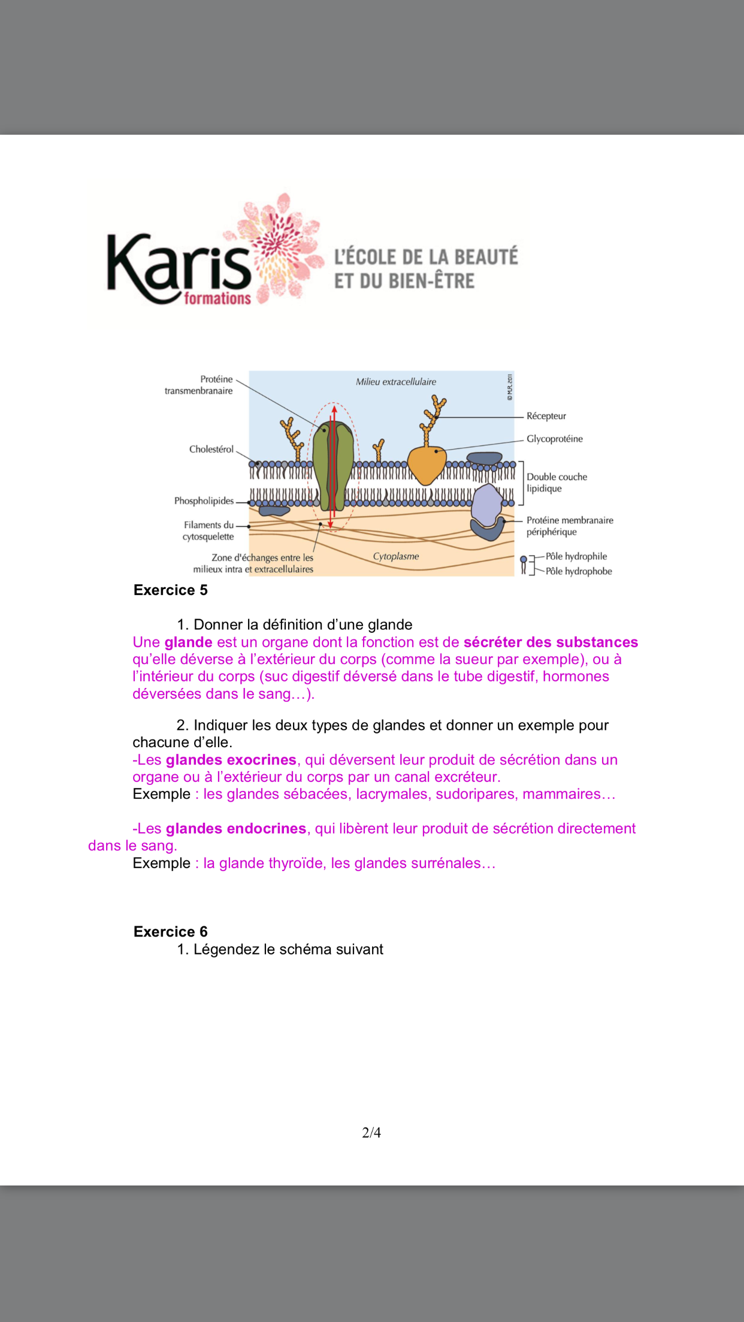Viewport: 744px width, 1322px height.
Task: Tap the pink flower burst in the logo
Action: pos(282,245)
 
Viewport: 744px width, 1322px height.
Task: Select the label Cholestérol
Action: pos(211,449)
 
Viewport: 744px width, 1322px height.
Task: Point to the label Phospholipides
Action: pos(204,501)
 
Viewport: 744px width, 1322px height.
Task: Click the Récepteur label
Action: pos(546,416)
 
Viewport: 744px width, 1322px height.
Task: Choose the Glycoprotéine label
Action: pos(554,439)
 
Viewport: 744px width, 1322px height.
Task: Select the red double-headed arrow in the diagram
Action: pos(333,467)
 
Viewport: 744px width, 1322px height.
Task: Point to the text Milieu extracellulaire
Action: pos(396,382)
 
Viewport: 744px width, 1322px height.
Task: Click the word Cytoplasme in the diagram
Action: pos(396,556)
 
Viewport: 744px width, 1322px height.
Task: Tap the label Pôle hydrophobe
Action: pos(578,571)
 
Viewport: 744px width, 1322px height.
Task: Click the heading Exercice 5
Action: pos(171,590)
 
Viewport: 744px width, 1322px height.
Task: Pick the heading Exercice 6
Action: pos(171,932)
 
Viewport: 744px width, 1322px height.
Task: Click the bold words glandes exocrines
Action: pos(231,760)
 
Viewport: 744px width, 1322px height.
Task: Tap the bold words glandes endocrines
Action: pos(235,829)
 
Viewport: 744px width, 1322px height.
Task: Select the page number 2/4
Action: pos(371,1132)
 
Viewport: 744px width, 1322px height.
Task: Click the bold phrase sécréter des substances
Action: pos(551,642)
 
